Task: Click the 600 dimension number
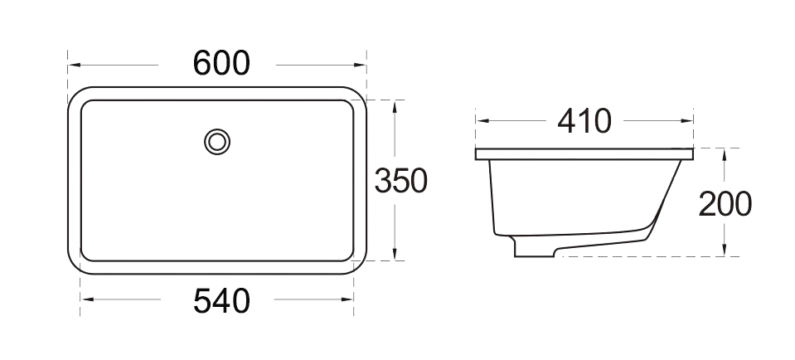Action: coord(221,63)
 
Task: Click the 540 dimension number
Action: coord(221,300)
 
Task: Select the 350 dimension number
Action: coord(400,181)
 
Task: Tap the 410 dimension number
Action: coord(584,121)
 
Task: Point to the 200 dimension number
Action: coord(725,203)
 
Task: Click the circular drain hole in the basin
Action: coord(217,141)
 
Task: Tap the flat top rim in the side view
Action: coord(584,154)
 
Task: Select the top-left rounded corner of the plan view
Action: coord(77,97)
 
